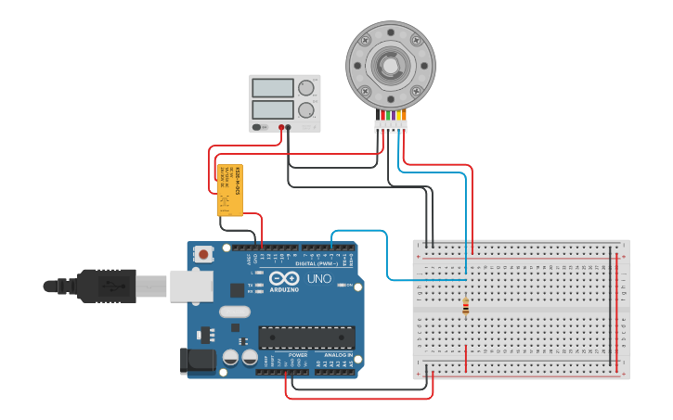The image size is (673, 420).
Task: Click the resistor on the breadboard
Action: (x=465, y=307)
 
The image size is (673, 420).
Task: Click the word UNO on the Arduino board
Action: (x=318, y=279)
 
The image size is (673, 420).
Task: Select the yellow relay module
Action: (x=229, y=191)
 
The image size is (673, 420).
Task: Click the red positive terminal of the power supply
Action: (x=281, y=127)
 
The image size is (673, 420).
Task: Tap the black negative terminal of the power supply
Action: (x=289, y=127)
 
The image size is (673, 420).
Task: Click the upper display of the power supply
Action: (x=273, y=88)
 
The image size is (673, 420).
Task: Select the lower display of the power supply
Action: (x=273, y=109)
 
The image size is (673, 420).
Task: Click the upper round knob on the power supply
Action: (x=305, y=88)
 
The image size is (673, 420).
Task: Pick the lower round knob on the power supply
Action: (x=305, y=109)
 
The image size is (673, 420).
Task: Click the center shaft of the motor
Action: (x=390, y=65)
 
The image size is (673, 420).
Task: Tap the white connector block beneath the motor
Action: (x=390, y=124)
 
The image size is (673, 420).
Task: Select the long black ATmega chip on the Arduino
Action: (x=306, y=339)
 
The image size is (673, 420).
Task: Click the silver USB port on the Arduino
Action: (x=191, y=286)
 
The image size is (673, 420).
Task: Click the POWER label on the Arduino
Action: (x=298, y=355)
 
